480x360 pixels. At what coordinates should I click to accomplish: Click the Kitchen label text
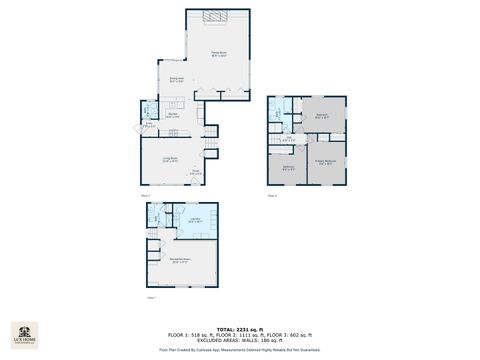point(172,116)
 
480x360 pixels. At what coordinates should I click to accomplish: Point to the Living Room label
point(172,159)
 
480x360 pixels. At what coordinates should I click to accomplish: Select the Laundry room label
point(195,220)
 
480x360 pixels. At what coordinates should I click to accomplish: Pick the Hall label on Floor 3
point(288,139)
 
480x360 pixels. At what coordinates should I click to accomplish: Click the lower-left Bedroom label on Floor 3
point(288,167)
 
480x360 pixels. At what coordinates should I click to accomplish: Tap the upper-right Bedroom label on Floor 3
point(322,116)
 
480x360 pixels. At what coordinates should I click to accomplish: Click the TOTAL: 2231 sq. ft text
point(240,328)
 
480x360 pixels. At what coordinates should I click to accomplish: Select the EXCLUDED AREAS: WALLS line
point(240,339)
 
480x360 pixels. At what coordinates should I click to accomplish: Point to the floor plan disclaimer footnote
point(240,350)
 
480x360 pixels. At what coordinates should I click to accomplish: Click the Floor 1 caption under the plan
point(152,297)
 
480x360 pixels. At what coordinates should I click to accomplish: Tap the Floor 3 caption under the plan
point(272,195)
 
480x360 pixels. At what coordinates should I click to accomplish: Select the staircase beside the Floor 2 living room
point(210,147)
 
